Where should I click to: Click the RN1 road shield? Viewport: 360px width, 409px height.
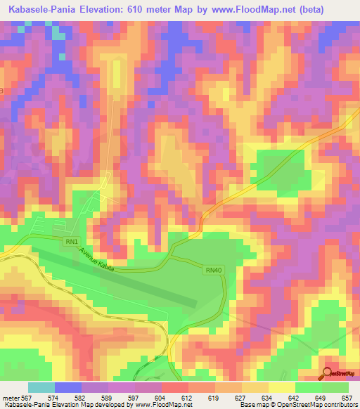click(x=71, y=242)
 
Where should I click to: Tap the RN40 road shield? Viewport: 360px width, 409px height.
click(x=214, y=269)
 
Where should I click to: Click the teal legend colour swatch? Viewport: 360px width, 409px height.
click(x=41, y=388)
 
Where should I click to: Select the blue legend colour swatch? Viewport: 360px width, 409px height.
click(x=68, y=388)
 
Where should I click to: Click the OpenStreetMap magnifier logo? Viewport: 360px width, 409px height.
click(x=328, y=373)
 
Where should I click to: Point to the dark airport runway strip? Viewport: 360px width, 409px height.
click(x=120, y=279)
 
